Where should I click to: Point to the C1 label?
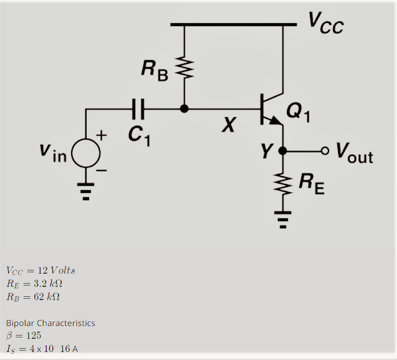[139, 135]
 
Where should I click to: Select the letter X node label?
[229, 125]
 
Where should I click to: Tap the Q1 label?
[298, 112]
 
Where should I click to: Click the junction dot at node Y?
[282, 151]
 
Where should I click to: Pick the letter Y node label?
[267, 151]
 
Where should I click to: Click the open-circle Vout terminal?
[324, 151]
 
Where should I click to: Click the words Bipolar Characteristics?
[50, 323]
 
